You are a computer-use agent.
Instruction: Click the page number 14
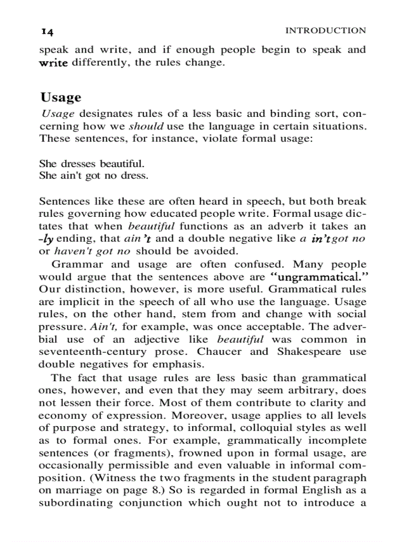47,31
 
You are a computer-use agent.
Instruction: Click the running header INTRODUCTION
325,31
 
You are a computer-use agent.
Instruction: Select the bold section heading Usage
61,97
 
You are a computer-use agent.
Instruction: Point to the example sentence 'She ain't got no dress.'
93,176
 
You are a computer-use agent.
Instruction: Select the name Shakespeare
311,351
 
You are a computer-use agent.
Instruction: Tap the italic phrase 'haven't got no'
92,251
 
